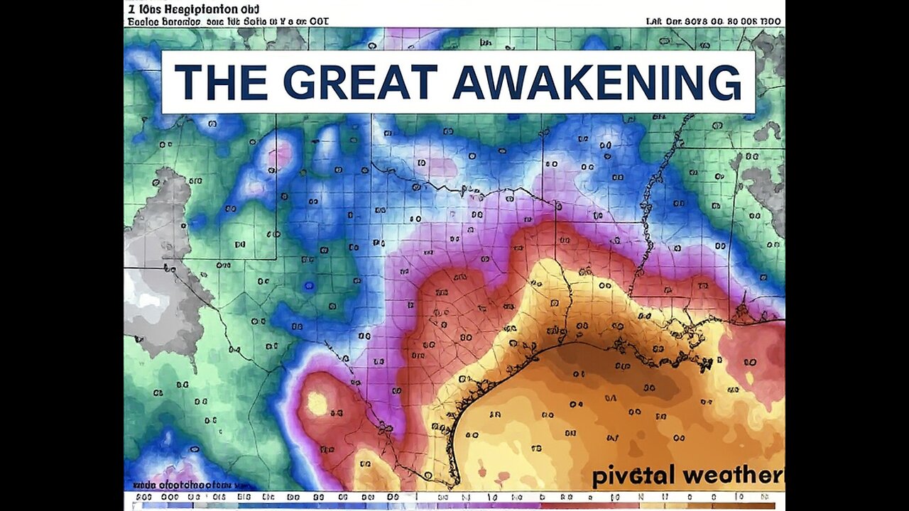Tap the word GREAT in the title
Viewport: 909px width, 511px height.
click(359, 82)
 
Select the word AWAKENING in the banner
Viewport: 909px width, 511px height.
click(597, 82)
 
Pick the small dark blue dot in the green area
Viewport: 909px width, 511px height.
click(308, 285)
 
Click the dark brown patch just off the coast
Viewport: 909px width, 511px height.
click(604, 369)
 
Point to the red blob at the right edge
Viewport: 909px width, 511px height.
click(753, 355)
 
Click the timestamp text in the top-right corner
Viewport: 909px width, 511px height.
click(714, 21)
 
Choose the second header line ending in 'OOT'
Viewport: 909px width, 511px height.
click(227, 21)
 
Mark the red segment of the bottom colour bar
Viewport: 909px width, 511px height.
click(604, 506)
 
